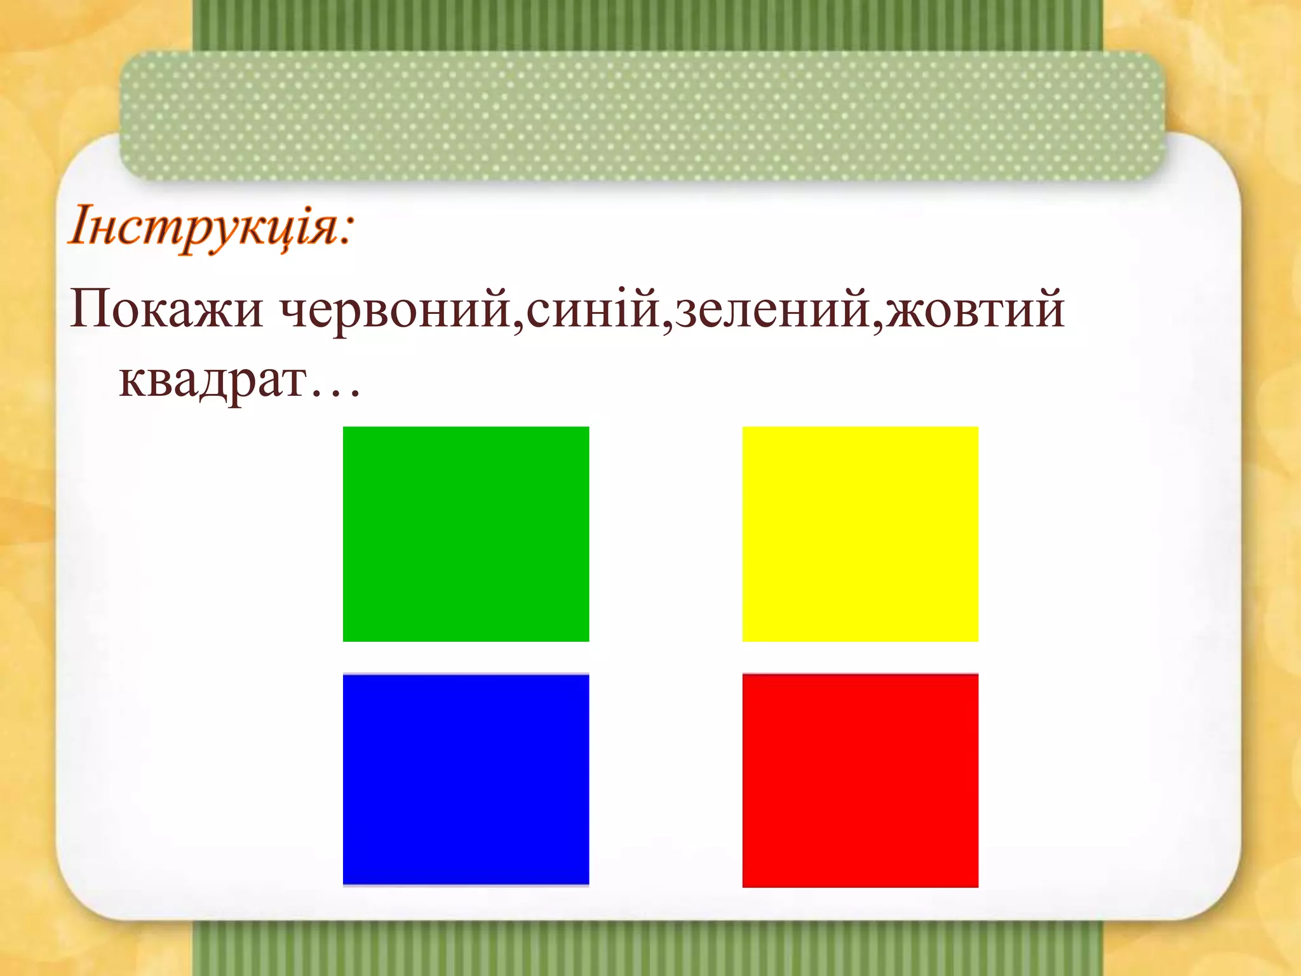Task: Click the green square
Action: point(466,534)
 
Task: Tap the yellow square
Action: point(860,534)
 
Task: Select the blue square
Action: point(466,780)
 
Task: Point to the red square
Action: point(860,780)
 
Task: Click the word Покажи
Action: point(166,310)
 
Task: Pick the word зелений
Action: point(771,310)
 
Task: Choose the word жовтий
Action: point(975,310)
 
